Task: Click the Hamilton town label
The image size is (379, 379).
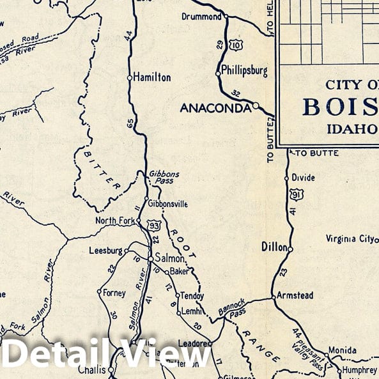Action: (151, 77)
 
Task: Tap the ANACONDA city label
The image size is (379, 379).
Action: (215, 108)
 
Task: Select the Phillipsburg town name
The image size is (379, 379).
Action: (244, 70)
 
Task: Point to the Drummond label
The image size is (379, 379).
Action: (201, 17)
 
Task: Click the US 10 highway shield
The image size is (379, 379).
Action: (236, 44)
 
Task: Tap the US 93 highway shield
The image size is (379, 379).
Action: (153, 225)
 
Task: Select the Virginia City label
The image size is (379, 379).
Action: (349, 239)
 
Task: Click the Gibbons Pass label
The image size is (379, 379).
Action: (164, 177)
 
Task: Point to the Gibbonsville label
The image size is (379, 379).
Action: (168, 204)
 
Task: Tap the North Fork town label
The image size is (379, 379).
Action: (115, 221)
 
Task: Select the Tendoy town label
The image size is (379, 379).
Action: (192, 297)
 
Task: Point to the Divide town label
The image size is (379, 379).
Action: (303, 178)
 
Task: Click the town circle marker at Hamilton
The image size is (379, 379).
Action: (129, 77)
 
